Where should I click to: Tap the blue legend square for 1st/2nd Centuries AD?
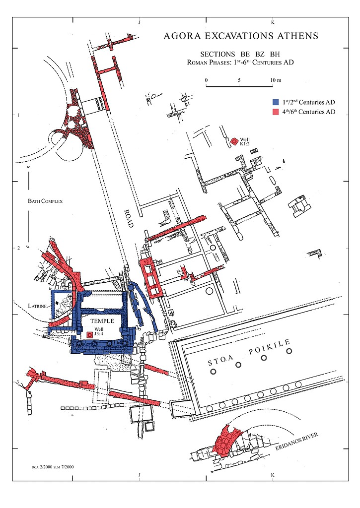[276, 102]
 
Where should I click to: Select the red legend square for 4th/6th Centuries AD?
[276, 112]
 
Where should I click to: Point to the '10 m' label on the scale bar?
[276, 80]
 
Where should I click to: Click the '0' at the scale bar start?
[206, 80]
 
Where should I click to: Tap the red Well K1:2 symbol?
[234, 141]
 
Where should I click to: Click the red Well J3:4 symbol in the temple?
[90, 335]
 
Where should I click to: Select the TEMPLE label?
[102, 321]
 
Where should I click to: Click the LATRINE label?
[37, 306]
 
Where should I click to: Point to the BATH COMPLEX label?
[45, 201]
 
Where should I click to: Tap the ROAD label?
[129, 218]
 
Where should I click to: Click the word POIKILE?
[269, 347]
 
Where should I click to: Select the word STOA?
[221, 361]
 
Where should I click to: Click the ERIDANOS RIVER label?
[296, 442]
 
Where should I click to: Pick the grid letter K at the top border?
[273, 22]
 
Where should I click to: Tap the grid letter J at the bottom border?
[140, 475]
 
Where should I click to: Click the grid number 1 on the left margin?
[18, 115]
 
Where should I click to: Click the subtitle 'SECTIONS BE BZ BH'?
[240, 54]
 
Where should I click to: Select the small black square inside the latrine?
[57, 303]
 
